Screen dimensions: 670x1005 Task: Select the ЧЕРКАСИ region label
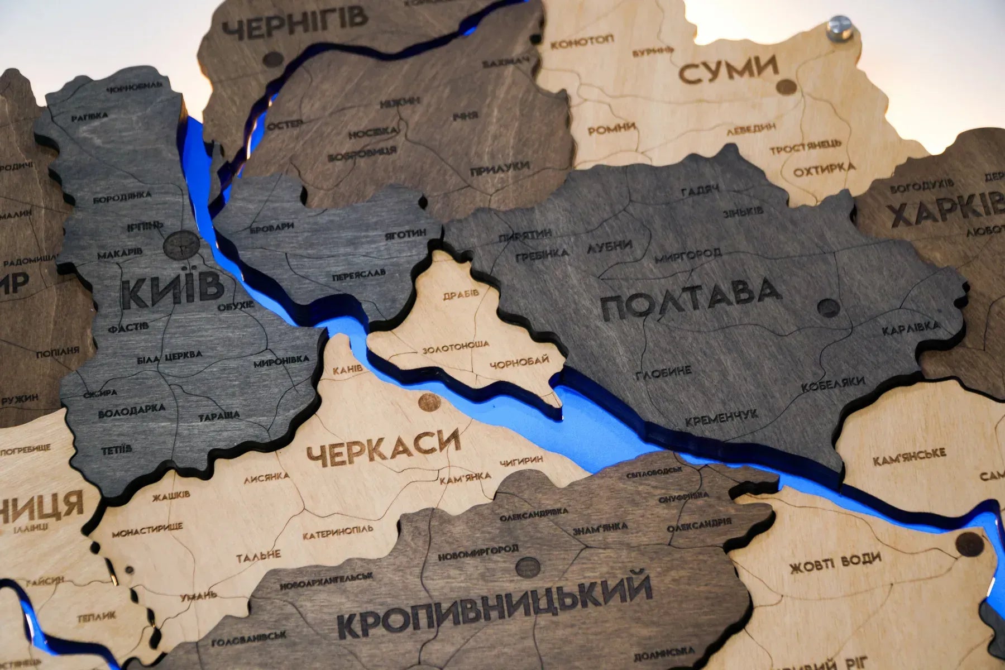coord(383,448)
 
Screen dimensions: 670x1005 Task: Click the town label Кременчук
coord(721,417)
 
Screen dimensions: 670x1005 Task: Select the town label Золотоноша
coord(456,347)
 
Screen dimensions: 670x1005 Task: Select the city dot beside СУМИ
coord(786,86)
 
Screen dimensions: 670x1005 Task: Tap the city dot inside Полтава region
coord(829,307)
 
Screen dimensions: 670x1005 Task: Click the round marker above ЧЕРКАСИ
coord(428,401)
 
